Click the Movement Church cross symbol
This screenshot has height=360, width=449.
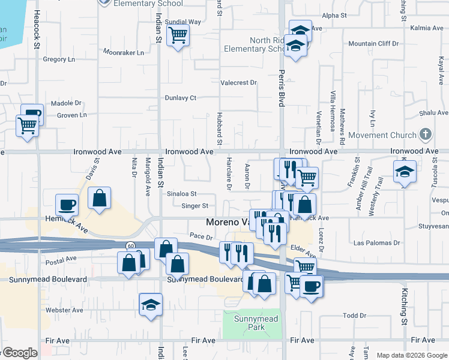pos(426,134)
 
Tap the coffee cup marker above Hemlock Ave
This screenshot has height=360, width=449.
pos(67,205)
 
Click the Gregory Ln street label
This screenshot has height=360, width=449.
pos(59,59)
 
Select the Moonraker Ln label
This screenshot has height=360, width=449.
pos(124,52)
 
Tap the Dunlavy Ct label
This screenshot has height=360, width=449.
pos(181,98)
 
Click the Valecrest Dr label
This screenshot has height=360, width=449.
pos(238,83)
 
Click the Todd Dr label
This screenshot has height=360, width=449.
pos(354,316)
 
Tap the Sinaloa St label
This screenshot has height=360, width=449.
pos(182,194)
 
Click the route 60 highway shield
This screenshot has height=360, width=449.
pos(130,245)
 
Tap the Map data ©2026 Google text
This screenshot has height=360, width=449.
pos(411,355)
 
